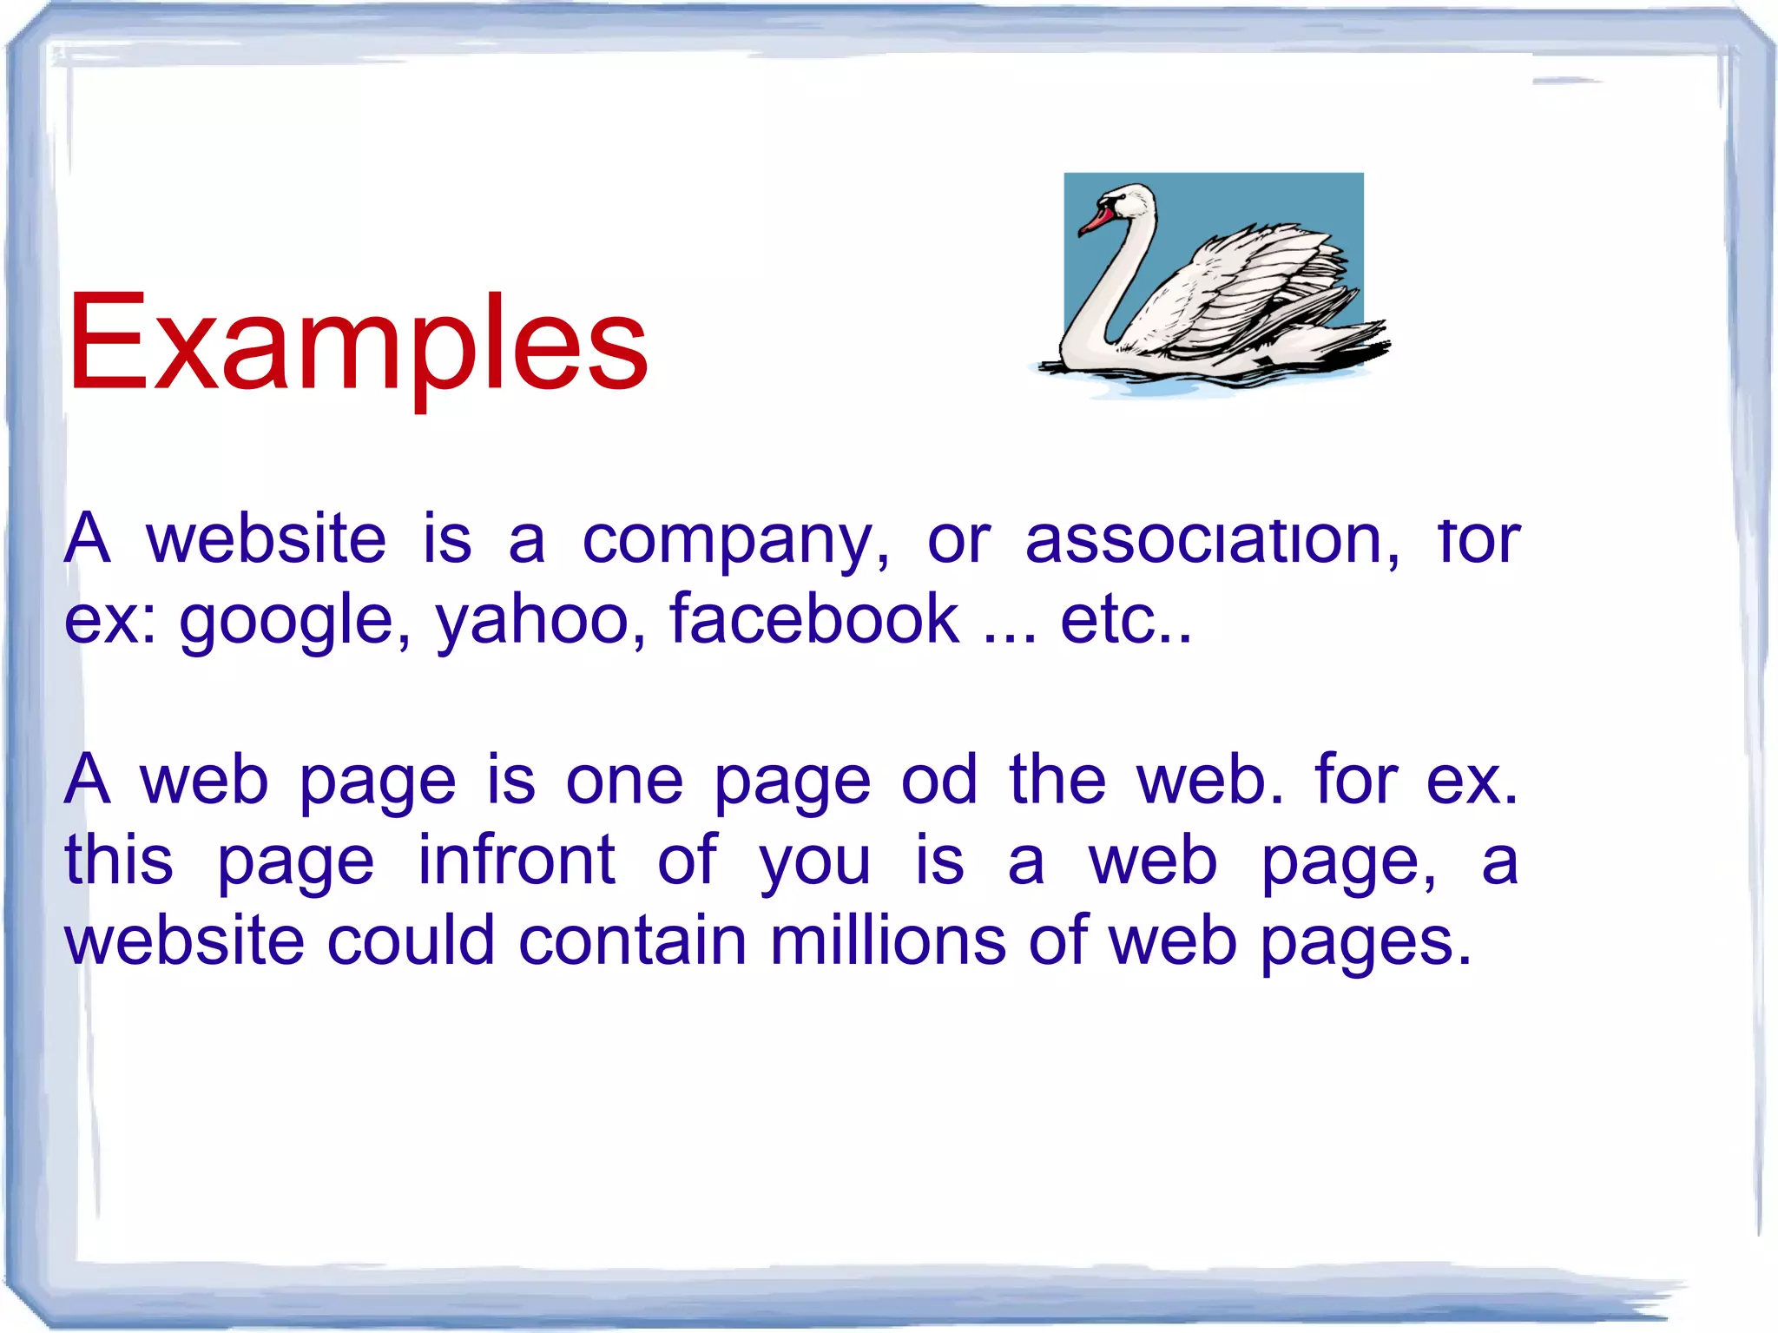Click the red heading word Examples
[358, 343]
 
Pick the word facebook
[814, 618]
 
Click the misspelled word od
[939, 779]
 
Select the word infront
[517, 860]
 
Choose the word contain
[632, 940]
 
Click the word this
[119, 860]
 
